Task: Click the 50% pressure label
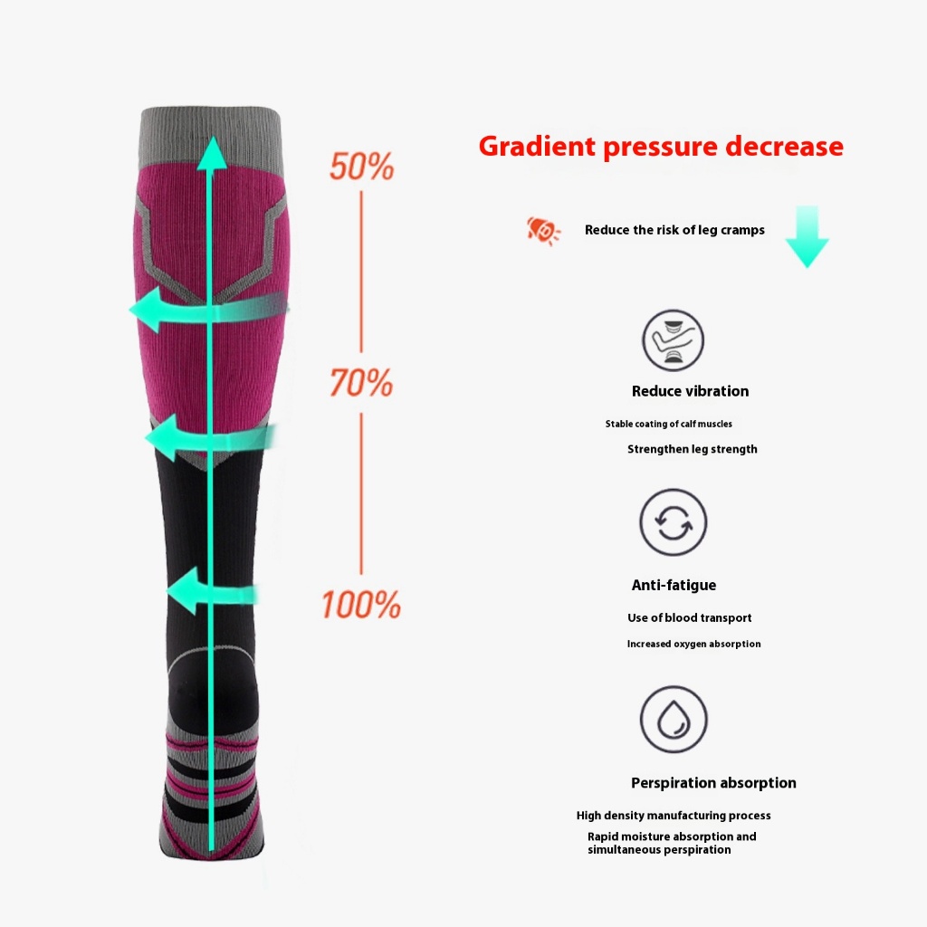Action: (361, 167)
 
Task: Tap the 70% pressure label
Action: (361, 382)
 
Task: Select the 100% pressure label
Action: (361, 604)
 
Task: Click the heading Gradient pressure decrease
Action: (661, 146)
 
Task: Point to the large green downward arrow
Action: (807, 236)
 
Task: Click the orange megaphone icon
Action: (543, 230)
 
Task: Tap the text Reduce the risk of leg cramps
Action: (674, 230)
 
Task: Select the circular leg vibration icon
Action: (673, 340)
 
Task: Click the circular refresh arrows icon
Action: (673, 522)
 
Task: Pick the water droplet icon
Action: (674, 719)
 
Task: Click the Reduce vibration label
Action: (690, 391)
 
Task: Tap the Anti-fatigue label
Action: (674, 585)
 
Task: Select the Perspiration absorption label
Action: (713, 783)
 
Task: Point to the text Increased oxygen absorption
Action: (694, 644)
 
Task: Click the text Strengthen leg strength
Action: (693, 449)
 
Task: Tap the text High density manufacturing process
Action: (674, 816)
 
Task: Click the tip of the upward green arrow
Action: (211, 137)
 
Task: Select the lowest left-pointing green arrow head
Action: (184, 591)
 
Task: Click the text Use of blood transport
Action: (689, 617)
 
